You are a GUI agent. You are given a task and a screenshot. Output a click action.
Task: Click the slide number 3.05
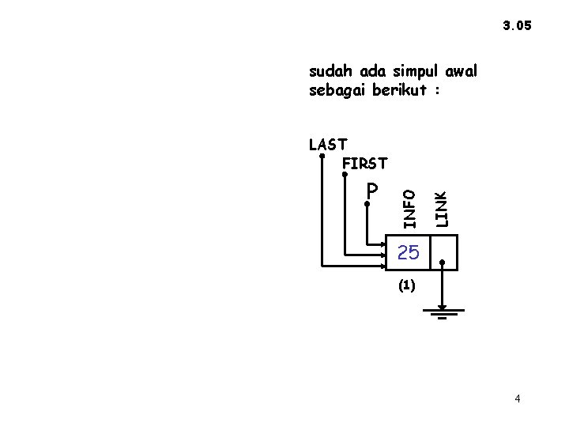(x=518, y=26)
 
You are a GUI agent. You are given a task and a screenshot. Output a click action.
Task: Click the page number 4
(x=517, y=399)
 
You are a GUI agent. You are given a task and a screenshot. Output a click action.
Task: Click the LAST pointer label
(x=328, y=144)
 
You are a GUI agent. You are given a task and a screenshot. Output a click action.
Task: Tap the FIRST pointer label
(x=365, y=164)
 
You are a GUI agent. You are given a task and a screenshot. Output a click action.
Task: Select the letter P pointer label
(x=372, y=190)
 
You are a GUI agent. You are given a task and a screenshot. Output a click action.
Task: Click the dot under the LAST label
(x=322, y=156)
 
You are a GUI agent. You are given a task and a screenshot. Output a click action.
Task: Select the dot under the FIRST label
(x=345, y=175)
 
